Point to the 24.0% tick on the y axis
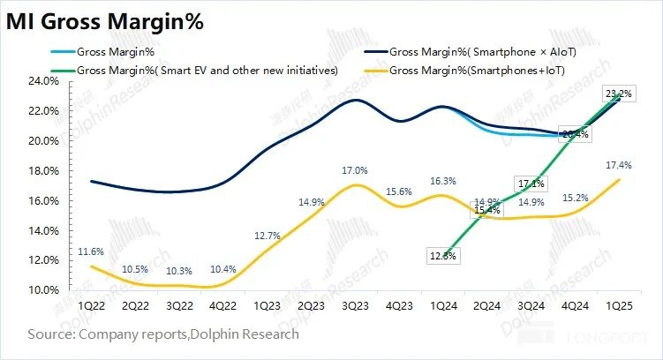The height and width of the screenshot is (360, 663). point(45,80)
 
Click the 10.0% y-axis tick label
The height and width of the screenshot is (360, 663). point(45,289)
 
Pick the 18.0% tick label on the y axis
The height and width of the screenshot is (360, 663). point(45,170)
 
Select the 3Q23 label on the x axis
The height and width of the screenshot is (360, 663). point(355,305)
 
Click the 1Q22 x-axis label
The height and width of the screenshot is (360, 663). point(94,305)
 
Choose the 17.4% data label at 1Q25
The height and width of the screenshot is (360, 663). point(617,165)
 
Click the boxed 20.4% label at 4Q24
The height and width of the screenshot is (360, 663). point(574,134)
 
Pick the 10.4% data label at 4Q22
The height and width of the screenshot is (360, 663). point(222,268)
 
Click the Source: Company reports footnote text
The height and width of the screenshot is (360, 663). point(163,334)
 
